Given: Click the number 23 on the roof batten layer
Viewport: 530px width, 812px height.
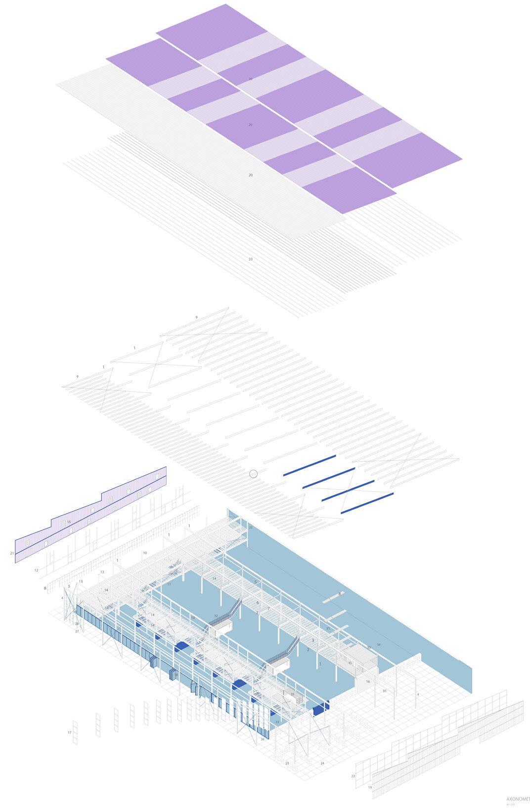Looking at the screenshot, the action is pyautogui.click(x=251, y=259).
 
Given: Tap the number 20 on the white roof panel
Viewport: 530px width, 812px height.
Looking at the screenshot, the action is pyautogui.click(x=251, y=175).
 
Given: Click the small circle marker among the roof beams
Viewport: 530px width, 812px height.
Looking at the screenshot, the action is pyautogui.click(x=254, y=474).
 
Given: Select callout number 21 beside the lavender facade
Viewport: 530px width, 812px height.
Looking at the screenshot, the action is pyautogui.click(x=12, y=553).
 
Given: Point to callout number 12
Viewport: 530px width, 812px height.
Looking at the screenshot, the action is pyautogui.click(x=36, y=571).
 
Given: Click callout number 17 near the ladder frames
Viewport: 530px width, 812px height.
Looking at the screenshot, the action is pyautogui.click(x=70, y=732).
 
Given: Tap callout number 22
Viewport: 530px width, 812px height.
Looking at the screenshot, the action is pyautogui.click(x=353, y=776).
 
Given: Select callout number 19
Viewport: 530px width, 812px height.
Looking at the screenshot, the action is pyautogui.click(x=370, y=787).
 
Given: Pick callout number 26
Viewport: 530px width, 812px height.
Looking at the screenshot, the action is pyautogui.click(x=263, y=739).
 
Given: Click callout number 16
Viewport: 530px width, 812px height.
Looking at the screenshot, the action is pyautogui.click(x=368, y=681).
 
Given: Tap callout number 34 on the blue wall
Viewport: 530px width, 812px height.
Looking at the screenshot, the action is pyautogui.click(x=379, y=645).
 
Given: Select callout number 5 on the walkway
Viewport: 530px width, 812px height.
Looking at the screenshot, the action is pyautogui.click(x=256, y=582).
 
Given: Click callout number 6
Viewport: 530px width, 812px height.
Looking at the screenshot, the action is pyautogui.click(x=258, y=603).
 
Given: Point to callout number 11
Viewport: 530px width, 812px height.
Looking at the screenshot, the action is pyautogui.click(x=169, y=584).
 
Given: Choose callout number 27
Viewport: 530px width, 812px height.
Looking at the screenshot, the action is pyautogui.click(x=77, y=631).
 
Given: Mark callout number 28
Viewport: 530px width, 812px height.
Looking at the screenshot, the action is pyautogui.click(x=77, y=624).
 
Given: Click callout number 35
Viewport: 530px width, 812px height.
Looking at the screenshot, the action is pyautogui.click(x=293, y=694).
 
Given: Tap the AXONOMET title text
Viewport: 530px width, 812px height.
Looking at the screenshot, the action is pyautogui.click(x=518, y=799).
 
